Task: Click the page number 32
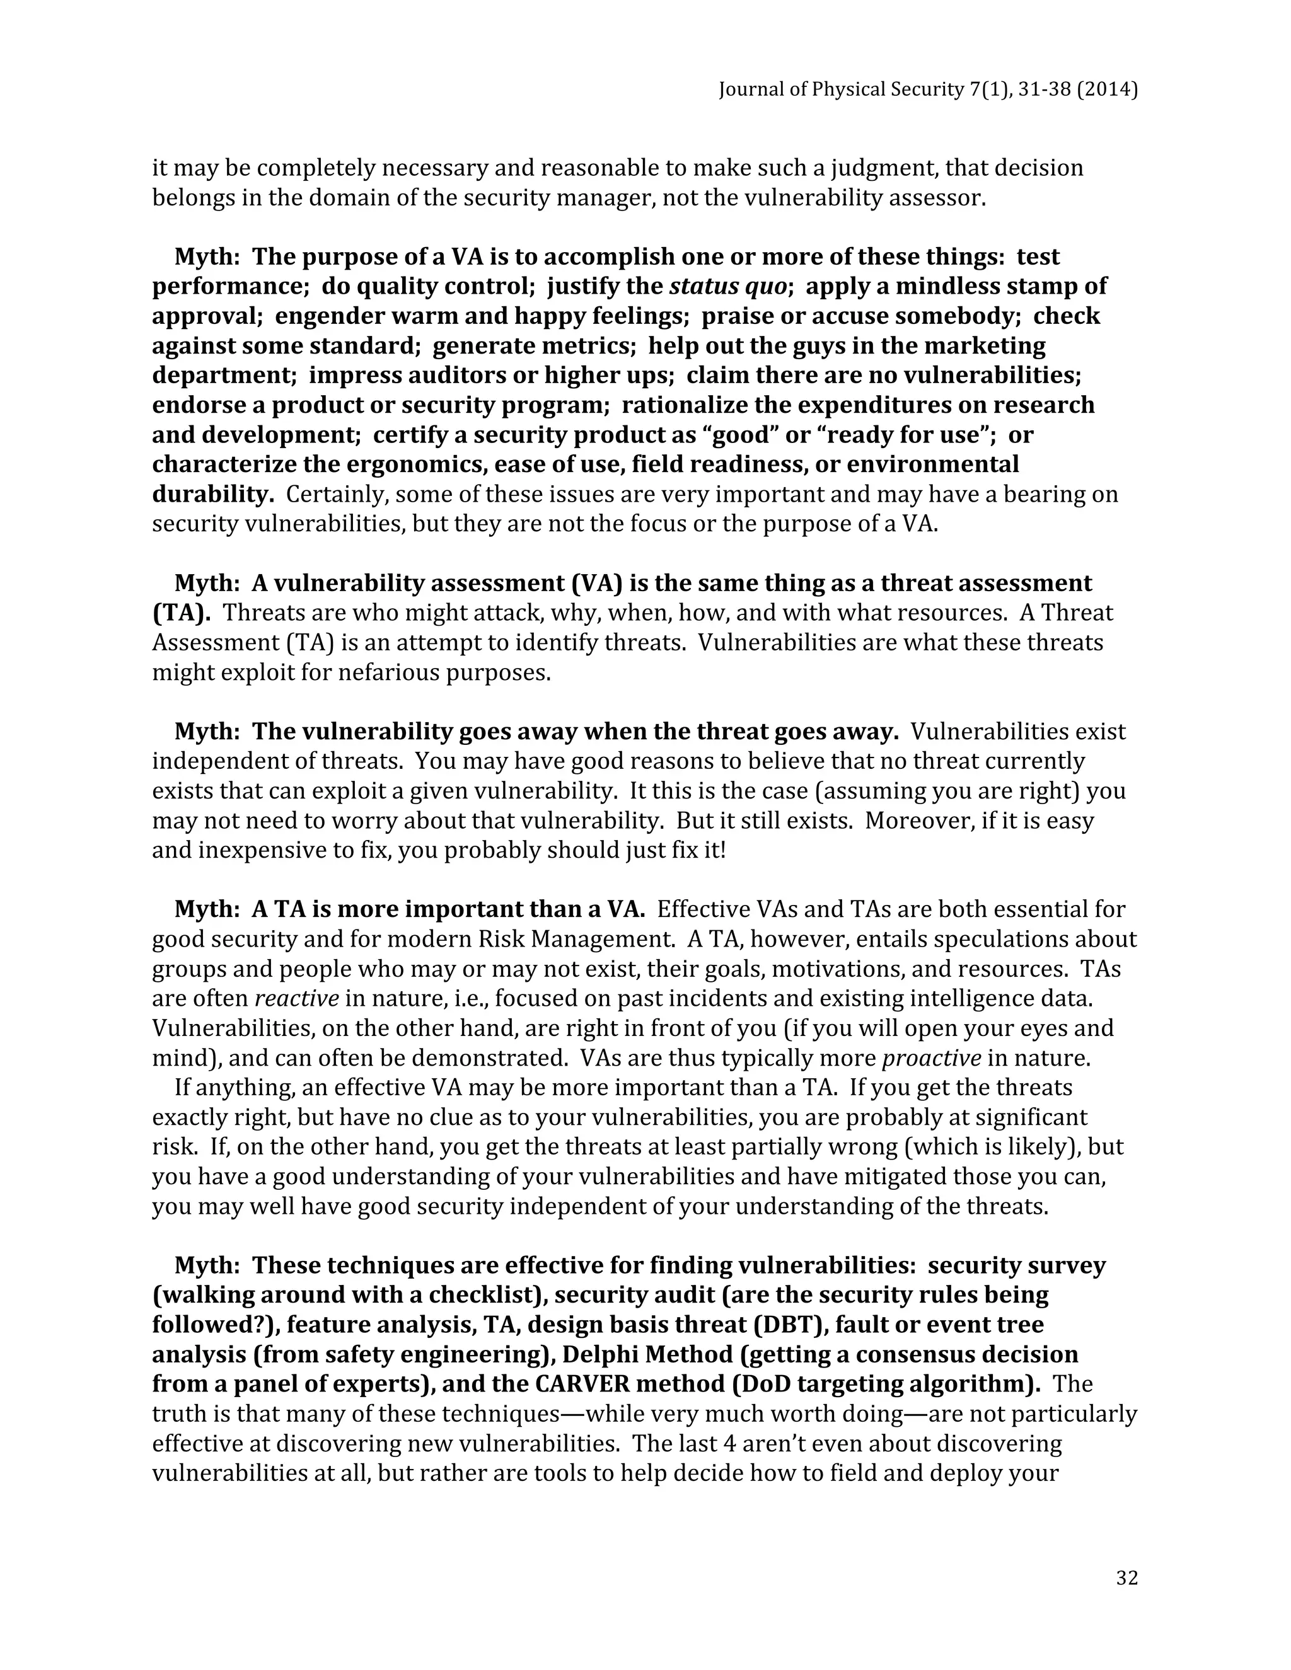1126,1577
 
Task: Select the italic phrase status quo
727,286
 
